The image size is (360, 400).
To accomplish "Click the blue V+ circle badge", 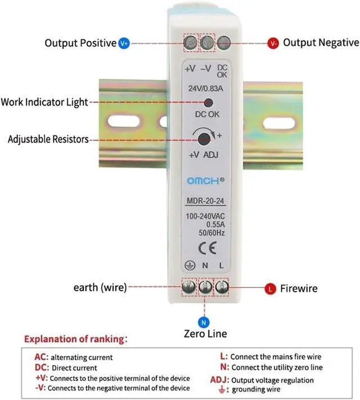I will [125, 43].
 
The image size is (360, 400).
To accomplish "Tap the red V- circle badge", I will [273, 43].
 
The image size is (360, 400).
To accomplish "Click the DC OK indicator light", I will [208, 103].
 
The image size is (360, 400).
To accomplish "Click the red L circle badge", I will [271, 288].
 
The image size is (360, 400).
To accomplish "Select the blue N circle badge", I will [204, 323].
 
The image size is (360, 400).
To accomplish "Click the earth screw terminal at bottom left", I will [190, 288].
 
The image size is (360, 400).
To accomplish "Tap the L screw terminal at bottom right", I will [222, 288].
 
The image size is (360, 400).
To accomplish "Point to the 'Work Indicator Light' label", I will [44, 102].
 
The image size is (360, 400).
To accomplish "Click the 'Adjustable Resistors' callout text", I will [48, 139].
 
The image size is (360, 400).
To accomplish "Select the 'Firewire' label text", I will [299, 289].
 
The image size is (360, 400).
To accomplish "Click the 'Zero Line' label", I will [205, 334].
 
